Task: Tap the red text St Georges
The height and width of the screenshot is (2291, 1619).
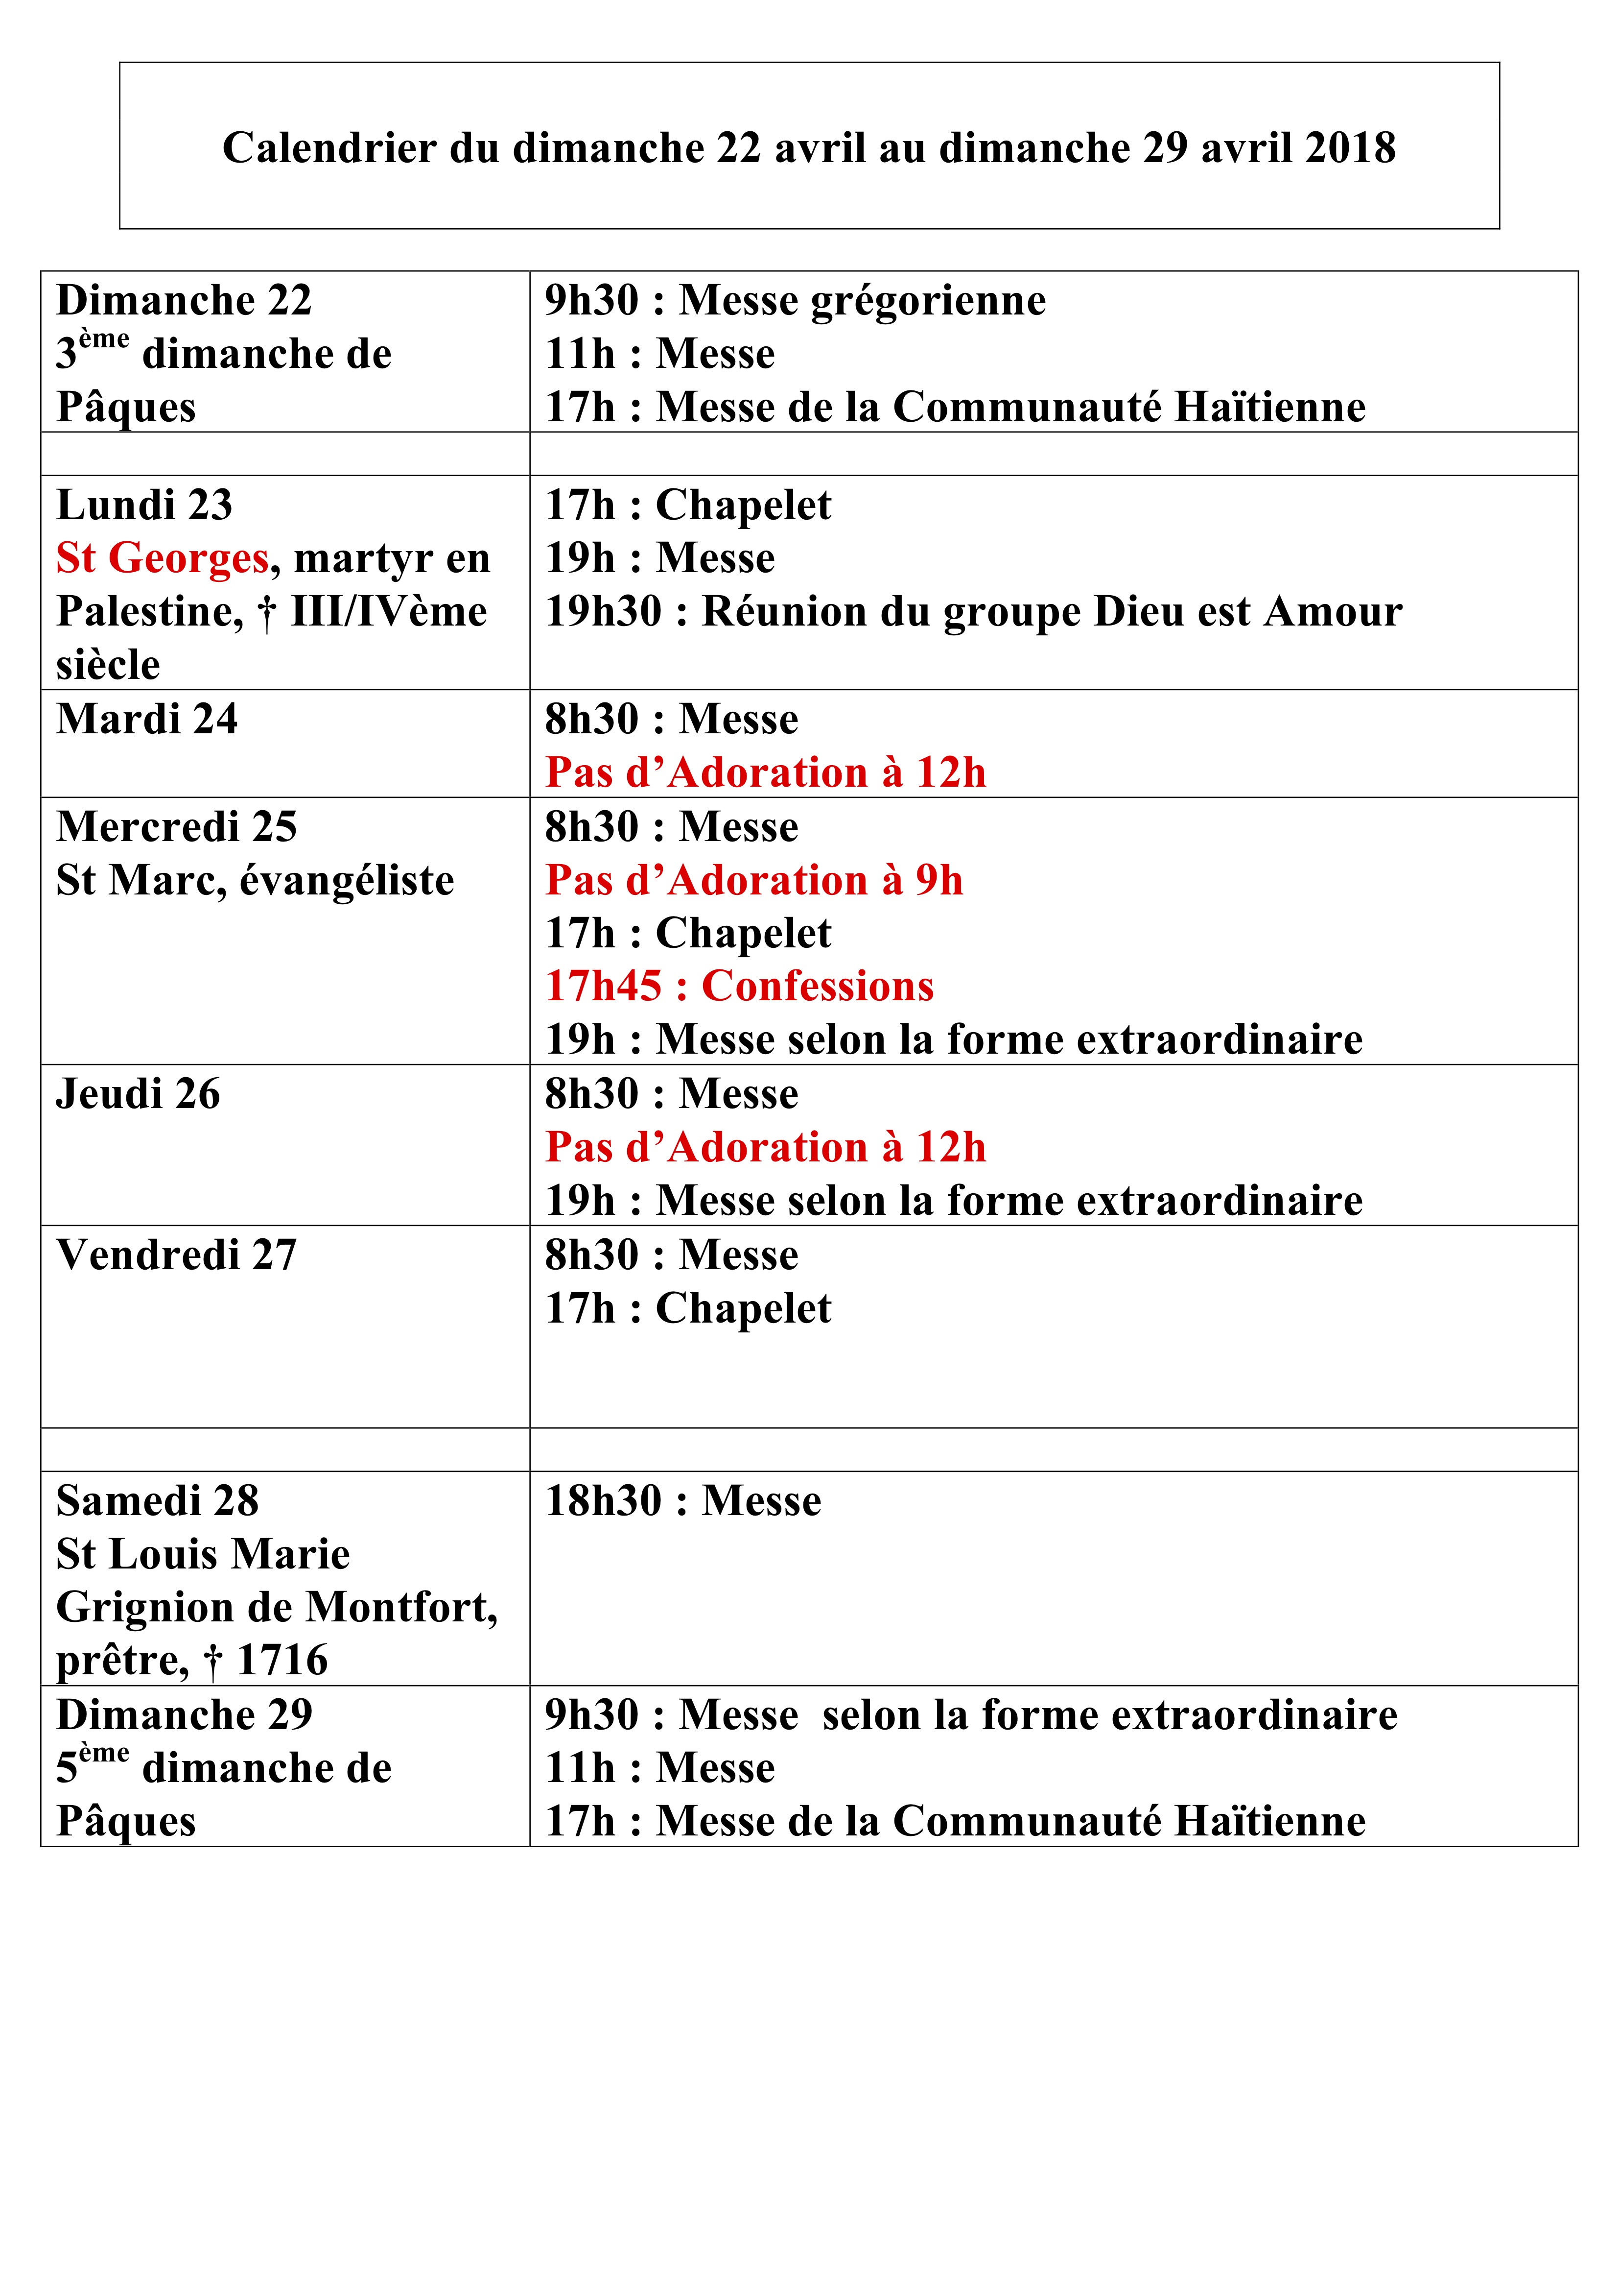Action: point(162,558)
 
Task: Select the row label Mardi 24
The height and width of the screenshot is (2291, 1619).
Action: point(147,720)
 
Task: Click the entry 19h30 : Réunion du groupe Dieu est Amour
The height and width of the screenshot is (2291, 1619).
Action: point(973,612)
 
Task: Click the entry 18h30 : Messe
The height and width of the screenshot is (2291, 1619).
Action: point(682,1501)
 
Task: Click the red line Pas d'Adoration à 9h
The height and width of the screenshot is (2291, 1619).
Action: point(753,880)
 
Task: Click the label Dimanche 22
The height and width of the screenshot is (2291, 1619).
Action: point(184,300)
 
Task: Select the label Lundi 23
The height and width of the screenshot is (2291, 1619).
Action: point(143,505)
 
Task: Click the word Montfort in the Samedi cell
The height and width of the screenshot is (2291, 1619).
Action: point(400,1608)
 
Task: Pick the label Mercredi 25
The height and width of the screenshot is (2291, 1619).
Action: point(177,827)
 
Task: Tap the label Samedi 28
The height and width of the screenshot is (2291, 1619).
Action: point(157,1501)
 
